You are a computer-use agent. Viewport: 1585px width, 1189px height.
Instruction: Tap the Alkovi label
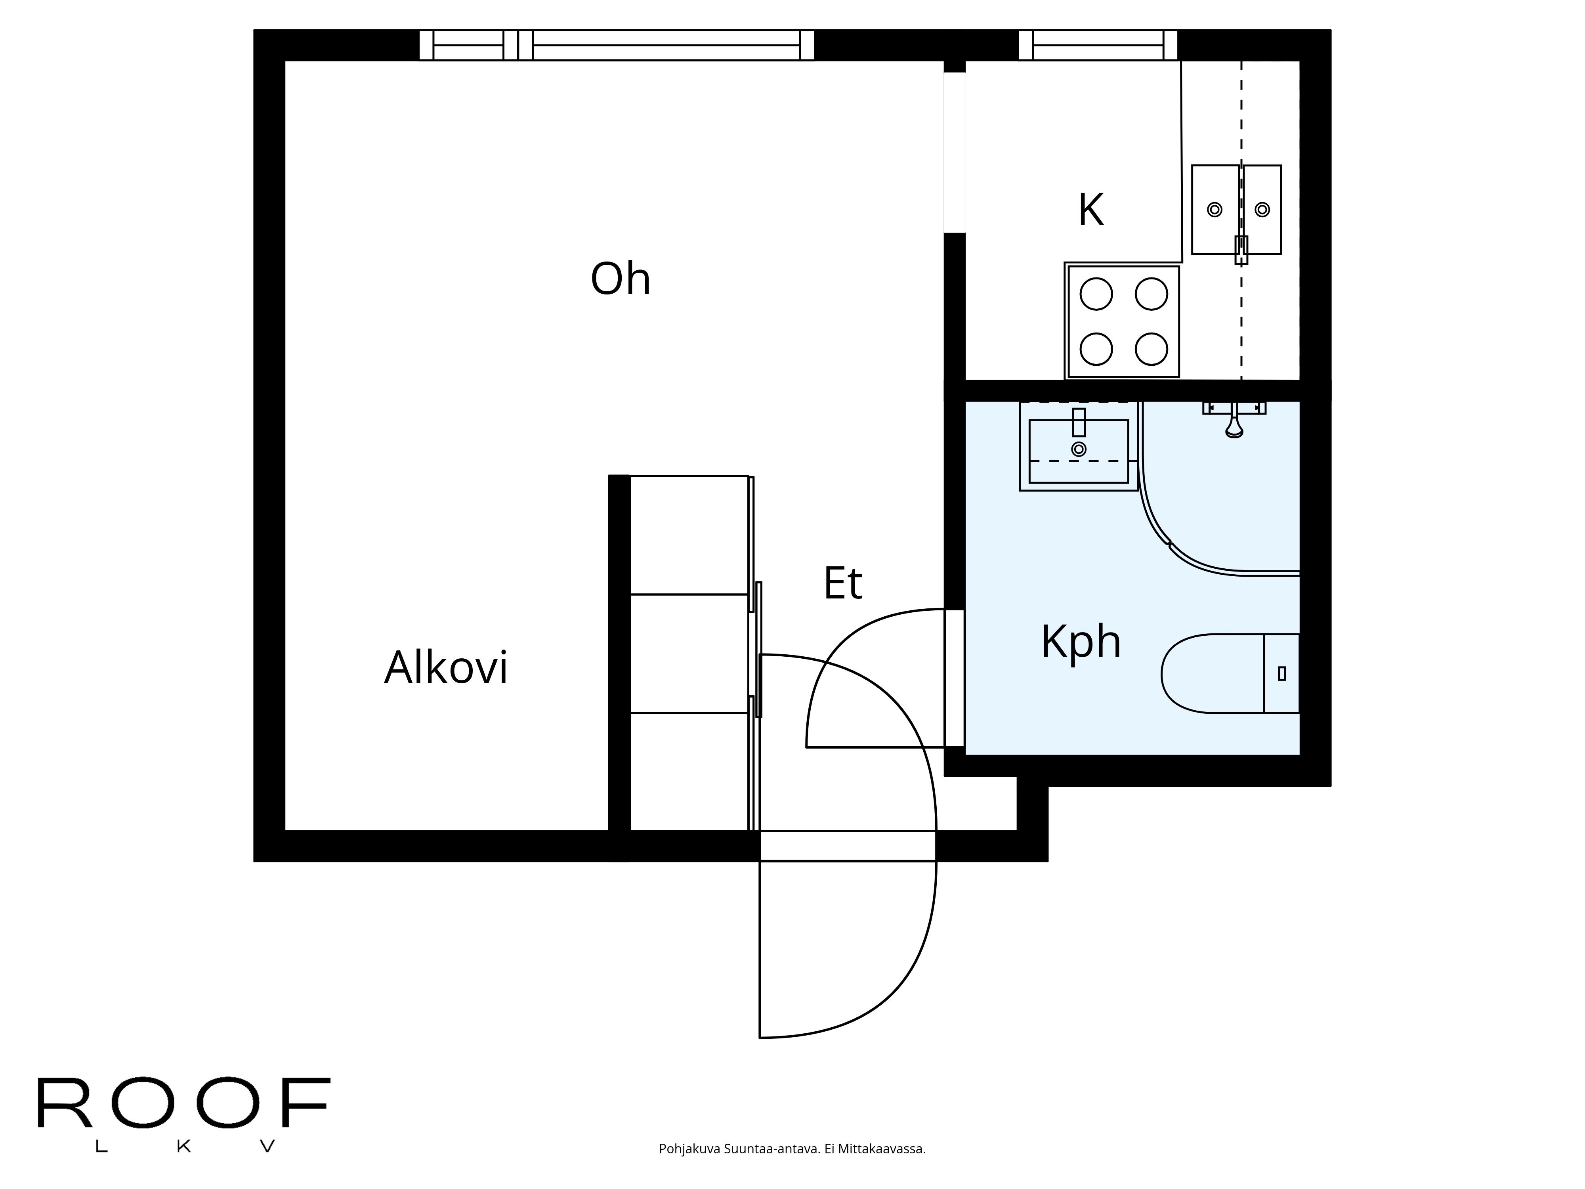446,668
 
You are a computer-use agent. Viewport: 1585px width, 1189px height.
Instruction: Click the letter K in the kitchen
1090,211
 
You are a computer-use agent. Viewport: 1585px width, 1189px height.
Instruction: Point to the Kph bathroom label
1081,641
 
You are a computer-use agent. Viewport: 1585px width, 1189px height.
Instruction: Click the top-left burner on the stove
1096,294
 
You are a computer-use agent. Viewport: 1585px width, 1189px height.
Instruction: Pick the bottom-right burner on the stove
1152,349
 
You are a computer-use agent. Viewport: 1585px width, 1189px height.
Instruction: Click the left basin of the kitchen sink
1215,209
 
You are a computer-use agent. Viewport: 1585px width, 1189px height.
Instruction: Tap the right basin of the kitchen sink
1262,209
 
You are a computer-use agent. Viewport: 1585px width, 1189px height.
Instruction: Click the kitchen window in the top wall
1098,45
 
